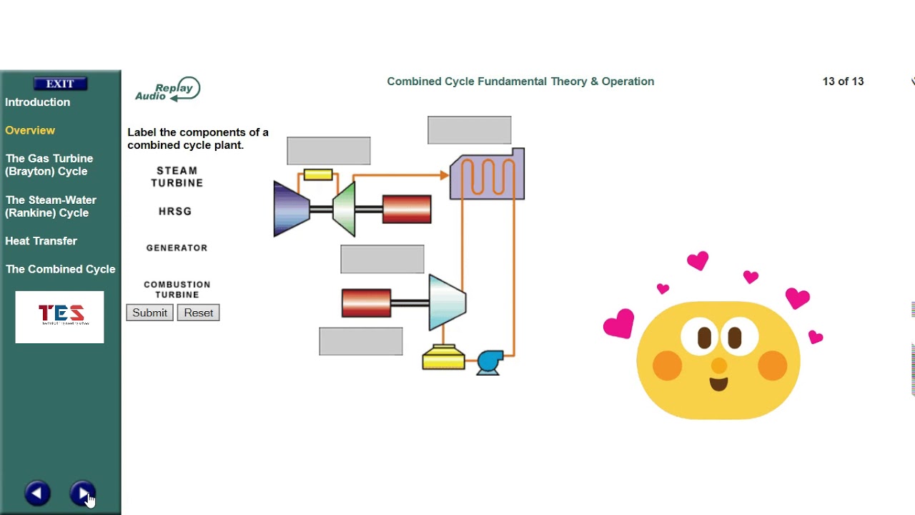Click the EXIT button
[60, 84]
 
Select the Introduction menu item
[37, 102]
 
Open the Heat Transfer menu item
[41, 241]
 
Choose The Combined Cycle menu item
[60, 269]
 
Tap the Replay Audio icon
[168, 90]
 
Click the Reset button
[198, 313]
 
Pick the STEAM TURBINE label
[177, 177]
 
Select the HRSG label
[175, 211]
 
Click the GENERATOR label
[177, 247]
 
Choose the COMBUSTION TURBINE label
[177, 290]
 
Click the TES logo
[60, 316]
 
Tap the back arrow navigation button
[37, 493]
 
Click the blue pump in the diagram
[490, 361]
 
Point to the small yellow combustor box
[318, 175]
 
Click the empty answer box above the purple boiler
[469, 130]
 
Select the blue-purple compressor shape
[290, 209]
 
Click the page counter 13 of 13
[843, 82]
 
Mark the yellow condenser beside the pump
[443, 358]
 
